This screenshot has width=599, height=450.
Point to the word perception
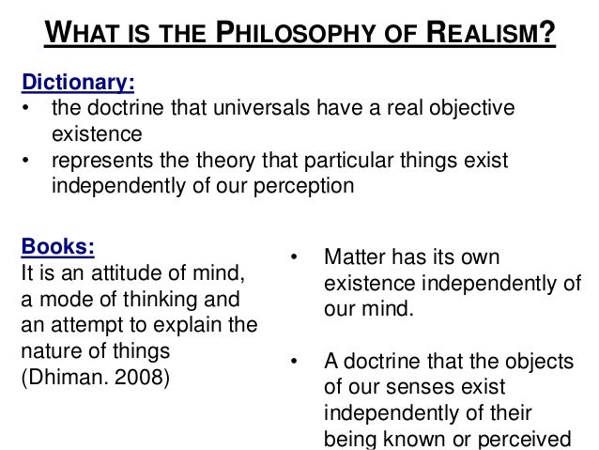[x=300, y=186]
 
